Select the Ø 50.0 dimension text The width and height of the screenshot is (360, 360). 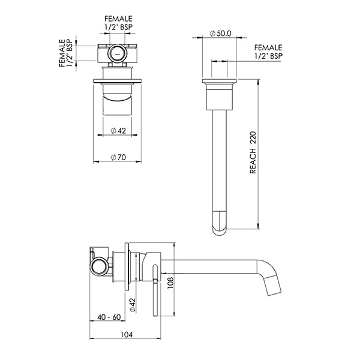[x=221, y=34]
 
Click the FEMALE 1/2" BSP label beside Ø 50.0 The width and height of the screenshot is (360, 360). [x=268, y=51]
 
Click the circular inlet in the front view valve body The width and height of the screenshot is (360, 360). [x=117, y=55]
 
